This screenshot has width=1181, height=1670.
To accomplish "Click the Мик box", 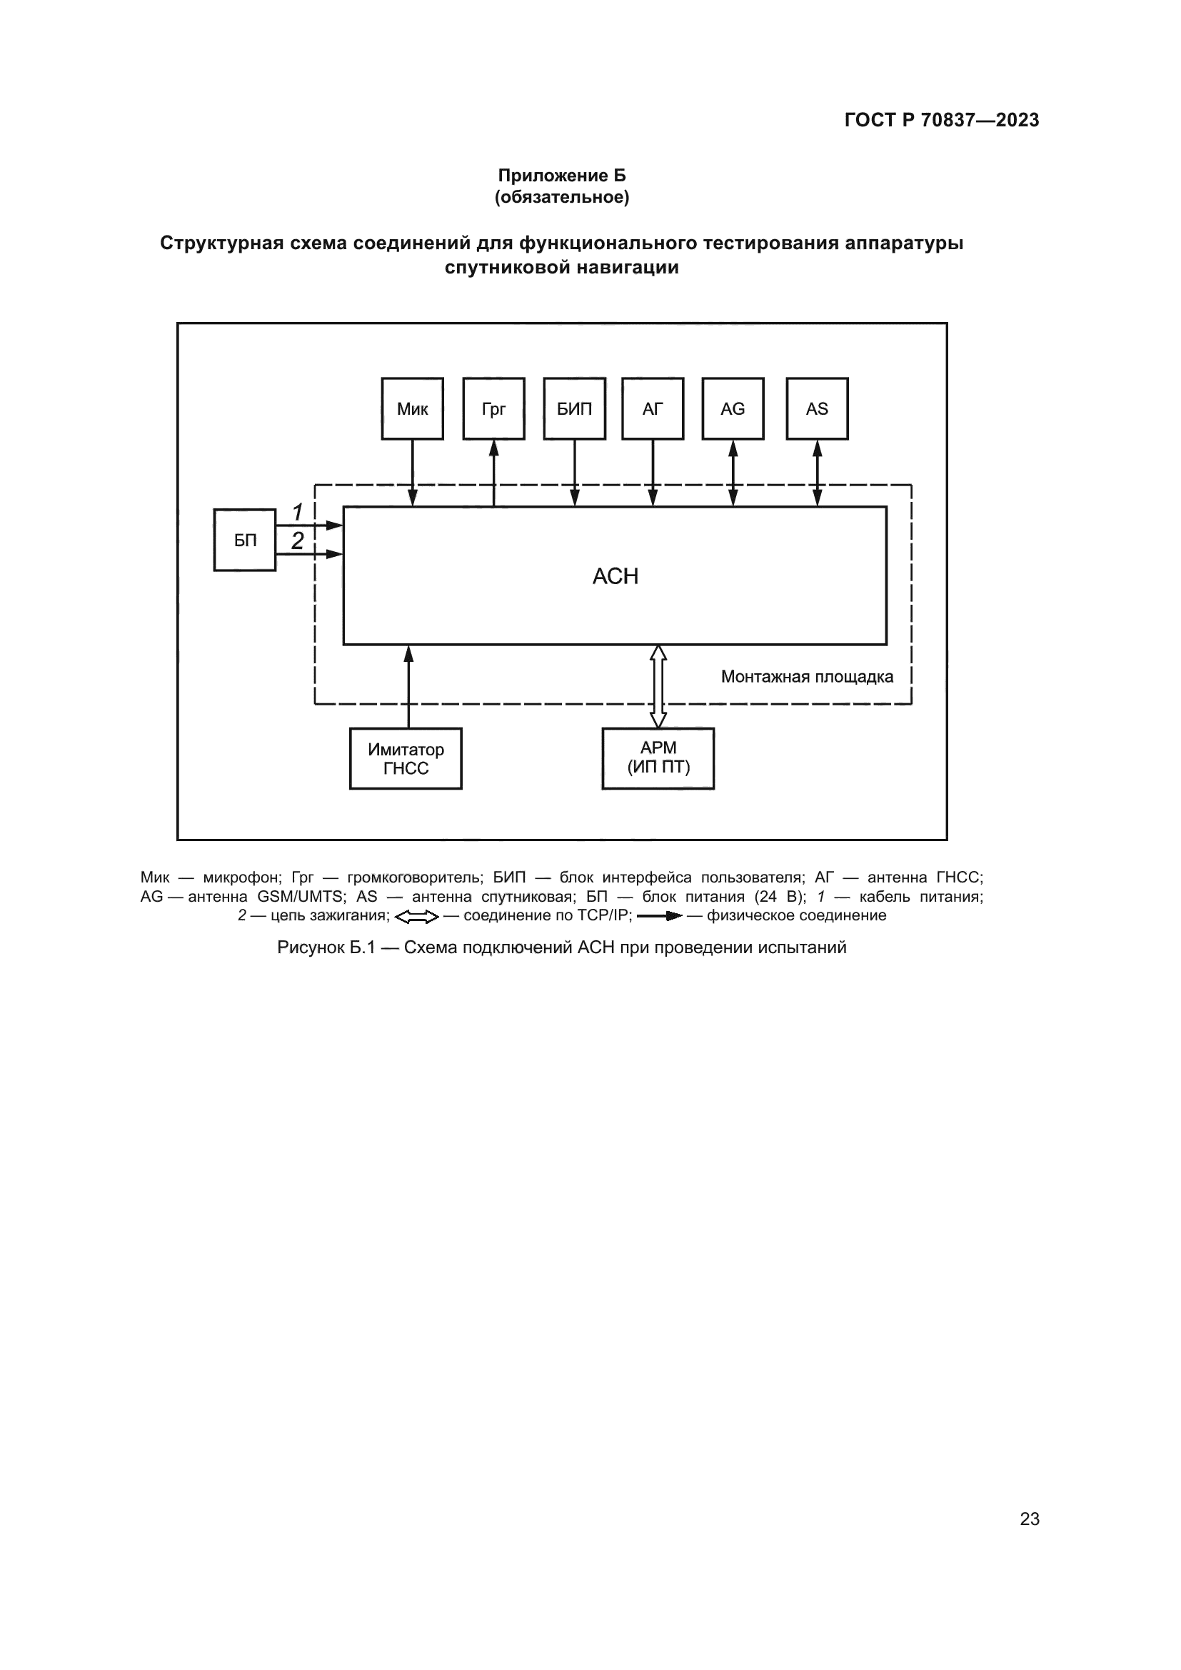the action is [412, 409].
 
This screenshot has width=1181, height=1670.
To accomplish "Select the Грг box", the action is [494, 409].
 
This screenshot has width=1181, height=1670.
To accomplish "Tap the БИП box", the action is [575, 409].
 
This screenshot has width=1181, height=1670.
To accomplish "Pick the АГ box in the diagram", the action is [653, 409].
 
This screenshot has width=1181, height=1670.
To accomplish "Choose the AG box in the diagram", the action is [733, 409].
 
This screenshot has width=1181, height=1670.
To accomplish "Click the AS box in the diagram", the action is [818, 409].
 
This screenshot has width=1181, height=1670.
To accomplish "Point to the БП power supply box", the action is [245, 540].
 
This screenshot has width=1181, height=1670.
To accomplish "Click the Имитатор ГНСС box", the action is [406, 759].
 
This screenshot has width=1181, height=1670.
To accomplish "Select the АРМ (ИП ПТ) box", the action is [658, 759].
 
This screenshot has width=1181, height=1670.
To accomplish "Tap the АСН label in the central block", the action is [615, 576].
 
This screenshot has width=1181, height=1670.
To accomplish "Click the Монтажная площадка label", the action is [808, 677].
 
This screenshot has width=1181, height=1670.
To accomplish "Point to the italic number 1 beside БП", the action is [298, 513].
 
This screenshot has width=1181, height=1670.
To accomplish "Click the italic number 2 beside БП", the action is [298, 540].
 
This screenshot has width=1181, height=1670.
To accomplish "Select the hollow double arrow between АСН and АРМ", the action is [658, 687].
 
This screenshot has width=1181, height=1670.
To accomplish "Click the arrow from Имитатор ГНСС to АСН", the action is [408, 687].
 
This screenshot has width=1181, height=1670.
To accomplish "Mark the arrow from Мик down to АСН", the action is [412, 473].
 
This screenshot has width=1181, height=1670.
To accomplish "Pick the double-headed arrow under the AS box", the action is [818, 473].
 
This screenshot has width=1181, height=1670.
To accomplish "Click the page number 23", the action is [1030, 1519].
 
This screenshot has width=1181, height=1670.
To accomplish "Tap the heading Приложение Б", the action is [561, 176].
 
